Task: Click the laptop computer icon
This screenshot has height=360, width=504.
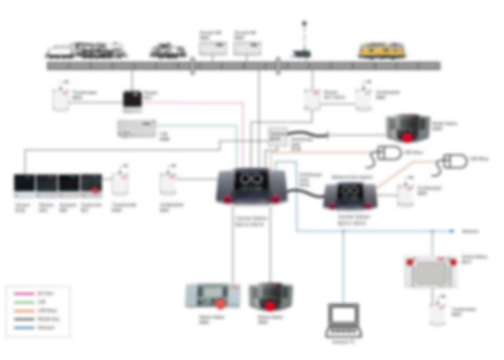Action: tap(345, 320)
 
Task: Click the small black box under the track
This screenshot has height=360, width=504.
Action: tap(132, 101)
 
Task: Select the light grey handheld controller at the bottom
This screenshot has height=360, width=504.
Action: tap(207, 295)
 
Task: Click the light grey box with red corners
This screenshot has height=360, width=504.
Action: tap(430, 271)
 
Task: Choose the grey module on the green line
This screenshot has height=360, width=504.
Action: tap(137, 128)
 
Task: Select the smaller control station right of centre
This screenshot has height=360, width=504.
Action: tap(350, 195)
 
